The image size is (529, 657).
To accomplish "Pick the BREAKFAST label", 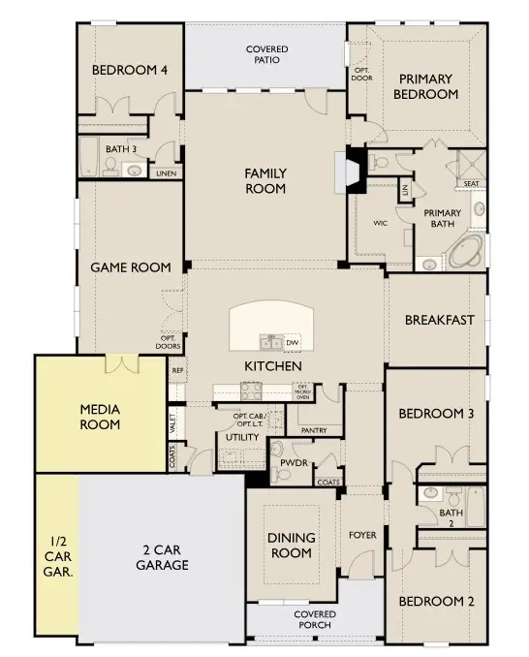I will [439, 320].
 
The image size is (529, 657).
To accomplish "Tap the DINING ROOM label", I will [290, 545].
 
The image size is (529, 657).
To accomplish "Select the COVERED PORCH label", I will [315, 619].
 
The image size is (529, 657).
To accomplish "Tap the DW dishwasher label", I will [291, 342].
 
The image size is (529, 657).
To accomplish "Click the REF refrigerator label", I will [177, 370].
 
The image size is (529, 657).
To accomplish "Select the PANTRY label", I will [314, 430].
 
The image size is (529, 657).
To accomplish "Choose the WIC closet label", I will [381, 222].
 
